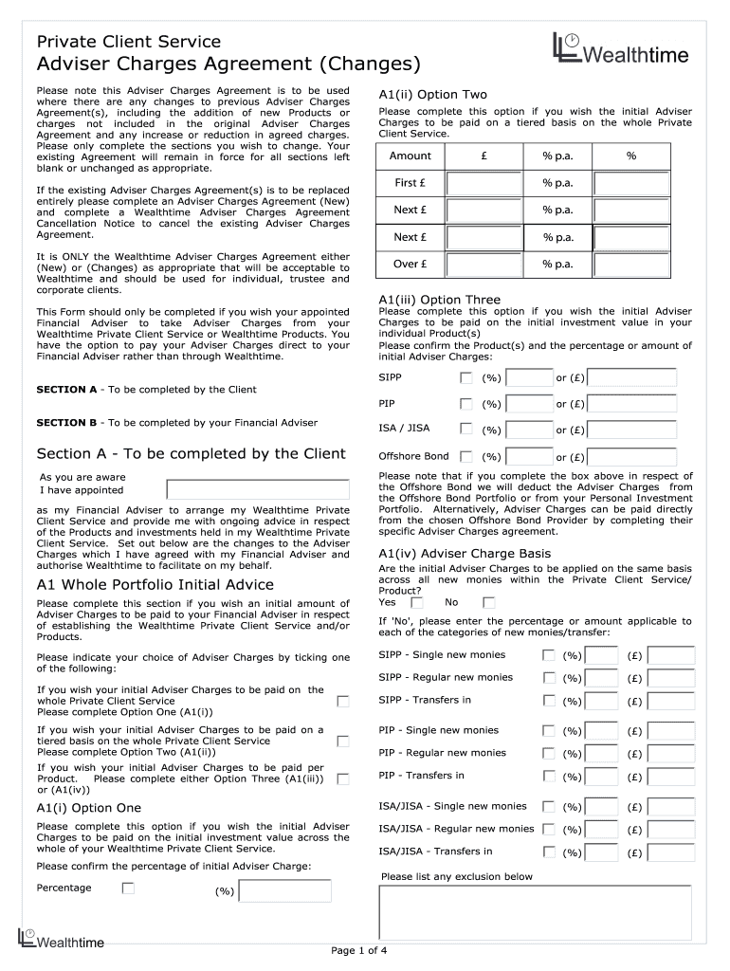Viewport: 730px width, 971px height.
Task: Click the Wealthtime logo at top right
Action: pos(621,51)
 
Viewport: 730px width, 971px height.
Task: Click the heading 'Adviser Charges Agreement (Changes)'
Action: pos(228,64)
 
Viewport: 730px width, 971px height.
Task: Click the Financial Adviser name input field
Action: pos(258,489)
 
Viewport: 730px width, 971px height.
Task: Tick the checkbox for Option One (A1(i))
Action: pos(343,701)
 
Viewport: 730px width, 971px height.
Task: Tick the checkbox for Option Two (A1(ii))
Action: pos(343,741)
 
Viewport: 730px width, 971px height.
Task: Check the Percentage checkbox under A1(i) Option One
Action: pos(128,889)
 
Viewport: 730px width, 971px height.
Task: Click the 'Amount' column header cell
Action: pos(411,156)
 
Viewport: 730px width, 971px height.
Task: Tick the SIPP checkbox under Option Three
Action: pos(465,377)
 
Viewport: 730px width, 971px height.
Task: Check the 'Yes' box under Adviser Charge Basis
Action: pos(416,602)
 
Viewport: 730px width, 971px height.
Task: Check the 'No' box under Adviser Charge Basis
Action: pos(488,602)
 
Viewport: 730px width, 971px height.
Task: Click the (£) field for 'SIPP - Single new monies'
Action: pos(671,655)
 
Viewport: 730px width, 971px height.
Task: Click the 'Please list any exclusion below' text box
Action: pos(535,912)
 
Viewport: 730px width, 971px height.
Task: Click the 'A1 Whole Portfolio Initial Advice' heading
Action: pos(155,584)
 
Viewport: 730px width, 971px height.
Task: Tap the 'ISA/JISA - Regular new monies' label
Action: pos(456,829)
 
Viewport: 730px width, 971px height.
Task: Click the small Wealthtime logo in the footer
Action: pos(61,939)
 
